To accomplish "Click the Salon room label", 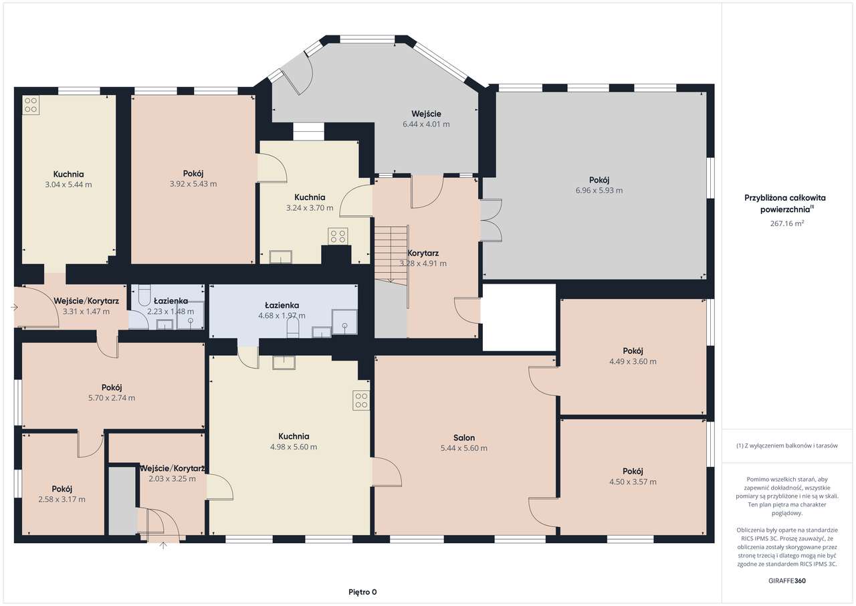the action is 464,437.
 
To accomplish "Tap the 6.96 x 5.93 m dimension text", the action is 599,190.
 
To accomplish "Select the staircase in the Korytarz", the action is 391,254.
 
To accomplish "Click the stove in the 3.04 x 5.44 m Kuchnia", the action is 31,105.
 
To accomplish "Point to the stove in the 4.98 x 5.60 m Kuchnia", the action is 361,401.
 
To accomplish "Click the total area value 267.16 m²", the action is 787,223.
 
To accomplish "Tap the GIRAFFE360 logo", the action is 787,581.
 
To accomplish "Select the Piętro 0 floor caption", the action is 362,592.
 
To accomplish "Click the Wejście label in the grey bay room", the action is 426,114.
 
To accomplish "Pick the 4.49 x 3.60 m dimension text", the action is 633,361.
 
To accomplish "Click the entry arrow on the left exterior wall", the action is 14,307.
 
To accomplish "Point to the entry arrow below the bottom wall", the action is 163,546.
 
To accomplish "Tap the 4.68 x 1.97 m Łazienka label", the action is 282,305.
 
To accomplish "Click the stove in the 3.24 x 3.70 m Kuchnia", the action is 338,235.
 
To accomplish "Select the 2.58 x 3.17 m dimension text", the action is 62,500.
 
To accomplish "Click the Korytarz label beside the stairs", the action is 423,253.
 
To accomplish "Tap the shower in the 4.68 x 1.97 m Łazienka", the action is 344,322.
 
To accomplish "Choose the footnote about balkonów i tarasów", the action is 787,445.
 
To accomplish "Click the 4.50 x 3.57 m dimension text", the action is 633,482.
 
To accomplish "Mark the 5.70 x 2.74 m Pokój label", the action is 112,387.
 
